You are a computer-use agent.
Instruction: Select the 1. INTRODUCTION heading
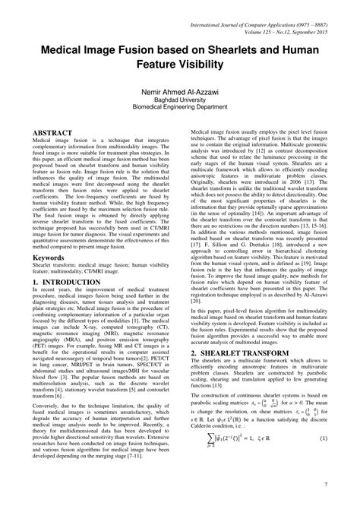tap(66, 283)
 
